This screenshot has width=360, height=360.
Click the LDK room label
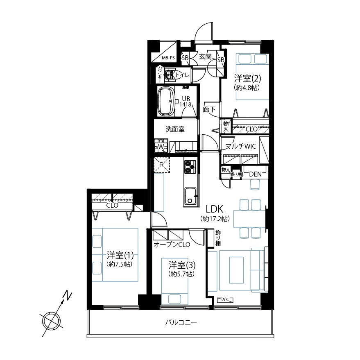point(215,209)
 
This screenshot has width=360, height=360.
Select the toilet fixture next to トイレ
point(170,75)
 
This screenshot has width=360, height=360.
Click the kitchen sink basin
point(190,197)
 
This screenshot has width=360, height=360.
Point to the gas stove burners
point(190,167)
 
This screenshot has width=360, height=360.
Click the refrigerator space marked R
point(162,165)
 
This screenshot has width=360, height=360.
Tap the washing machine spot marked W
point(161,146)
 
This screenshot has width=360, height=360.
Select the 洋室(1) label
point(120,255)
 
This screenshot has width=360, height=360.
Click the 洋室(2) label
point(247,78)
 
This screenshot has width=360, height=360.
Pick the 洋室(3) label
point(182,265)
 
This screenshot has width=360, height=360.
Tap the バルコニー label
point(181,323)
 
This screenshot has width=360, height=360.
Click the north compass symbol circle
point(51,321)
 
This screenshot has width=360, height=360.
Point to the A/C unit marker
point(225,300)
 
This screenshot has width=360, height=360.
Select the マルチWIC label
point(240,146)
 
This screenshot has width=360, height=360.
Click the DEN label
point(255,174)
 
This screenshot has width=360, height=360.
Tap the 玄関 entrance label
point(205,57)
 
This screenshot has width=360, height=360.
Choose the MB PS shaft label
point(168,58)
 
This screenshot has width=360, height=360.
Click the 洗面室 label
point(175,129)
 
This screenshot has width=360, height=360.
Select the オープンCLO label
point(172,245)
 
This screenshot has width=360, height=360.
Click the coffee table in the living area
point(236,270)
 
